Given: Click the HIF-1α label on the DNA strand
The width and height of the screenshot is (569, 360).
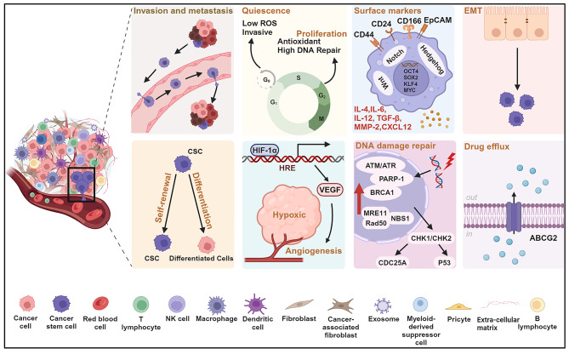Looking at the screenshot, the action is tap(265, 150).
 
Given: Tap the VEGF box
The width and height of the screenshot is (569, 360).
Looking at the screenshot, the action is tap(330, 190).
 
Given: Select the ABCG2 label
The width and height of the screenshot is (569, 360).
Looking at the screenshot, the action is tap(543, 238).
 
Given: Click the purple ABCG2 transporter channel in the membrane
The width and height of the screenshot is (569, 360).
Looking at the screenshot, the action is tap(514, 217).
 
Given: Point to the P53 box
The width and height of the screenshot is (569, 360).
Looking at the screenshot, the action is tap(444, 262).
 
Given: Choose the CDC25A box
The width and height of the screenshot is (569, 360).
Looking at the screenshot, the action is tap(392, 262).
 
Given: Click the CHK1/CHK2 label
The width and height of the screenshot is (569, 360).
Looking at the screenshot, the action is tap(431, 238).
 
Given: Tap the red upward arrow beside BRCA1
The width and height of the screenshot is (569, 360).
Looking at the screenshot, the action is tap(359, 198).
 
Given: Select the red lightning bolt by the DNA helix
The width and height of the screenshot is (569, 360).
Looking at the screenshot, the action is tap(449, 162).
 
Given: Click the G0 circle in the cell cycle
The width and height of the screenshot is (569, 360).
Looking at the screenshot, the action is tap(267, 79).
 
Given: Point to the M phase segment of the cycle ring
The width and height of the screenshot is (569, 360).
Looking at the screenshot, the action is tap(319, 117).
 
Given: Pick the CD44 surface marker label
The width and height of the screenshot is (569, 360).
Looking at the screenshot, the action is tap(364, 35).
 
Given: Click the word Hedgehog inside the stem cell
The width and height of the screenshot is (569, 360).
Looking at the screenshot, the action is tap(432, 60).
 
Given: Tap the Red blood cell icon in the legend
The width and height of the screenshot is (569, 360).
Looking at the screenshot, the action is tap(100, 303).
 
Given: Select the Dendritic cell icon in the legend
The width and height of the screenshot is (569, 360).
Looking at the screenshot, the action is tap(255, 304).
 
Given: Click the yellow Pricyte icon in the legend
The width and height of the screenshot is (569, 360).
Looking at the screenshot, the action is tap(458, 307).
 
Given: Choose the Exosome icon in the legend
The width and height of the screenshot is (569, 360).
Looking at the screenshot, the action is tap(383, 306).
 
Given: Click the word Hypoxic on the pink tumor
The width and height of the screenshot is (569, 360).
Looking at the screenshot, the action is tap(289, 214).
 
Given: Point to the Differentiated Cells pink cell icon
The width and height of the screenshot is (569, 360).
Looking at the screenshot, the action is tap(207, 245).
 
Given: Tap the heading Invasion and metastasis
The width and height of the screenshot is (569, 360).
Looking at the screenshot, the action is tap(183, 10).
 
